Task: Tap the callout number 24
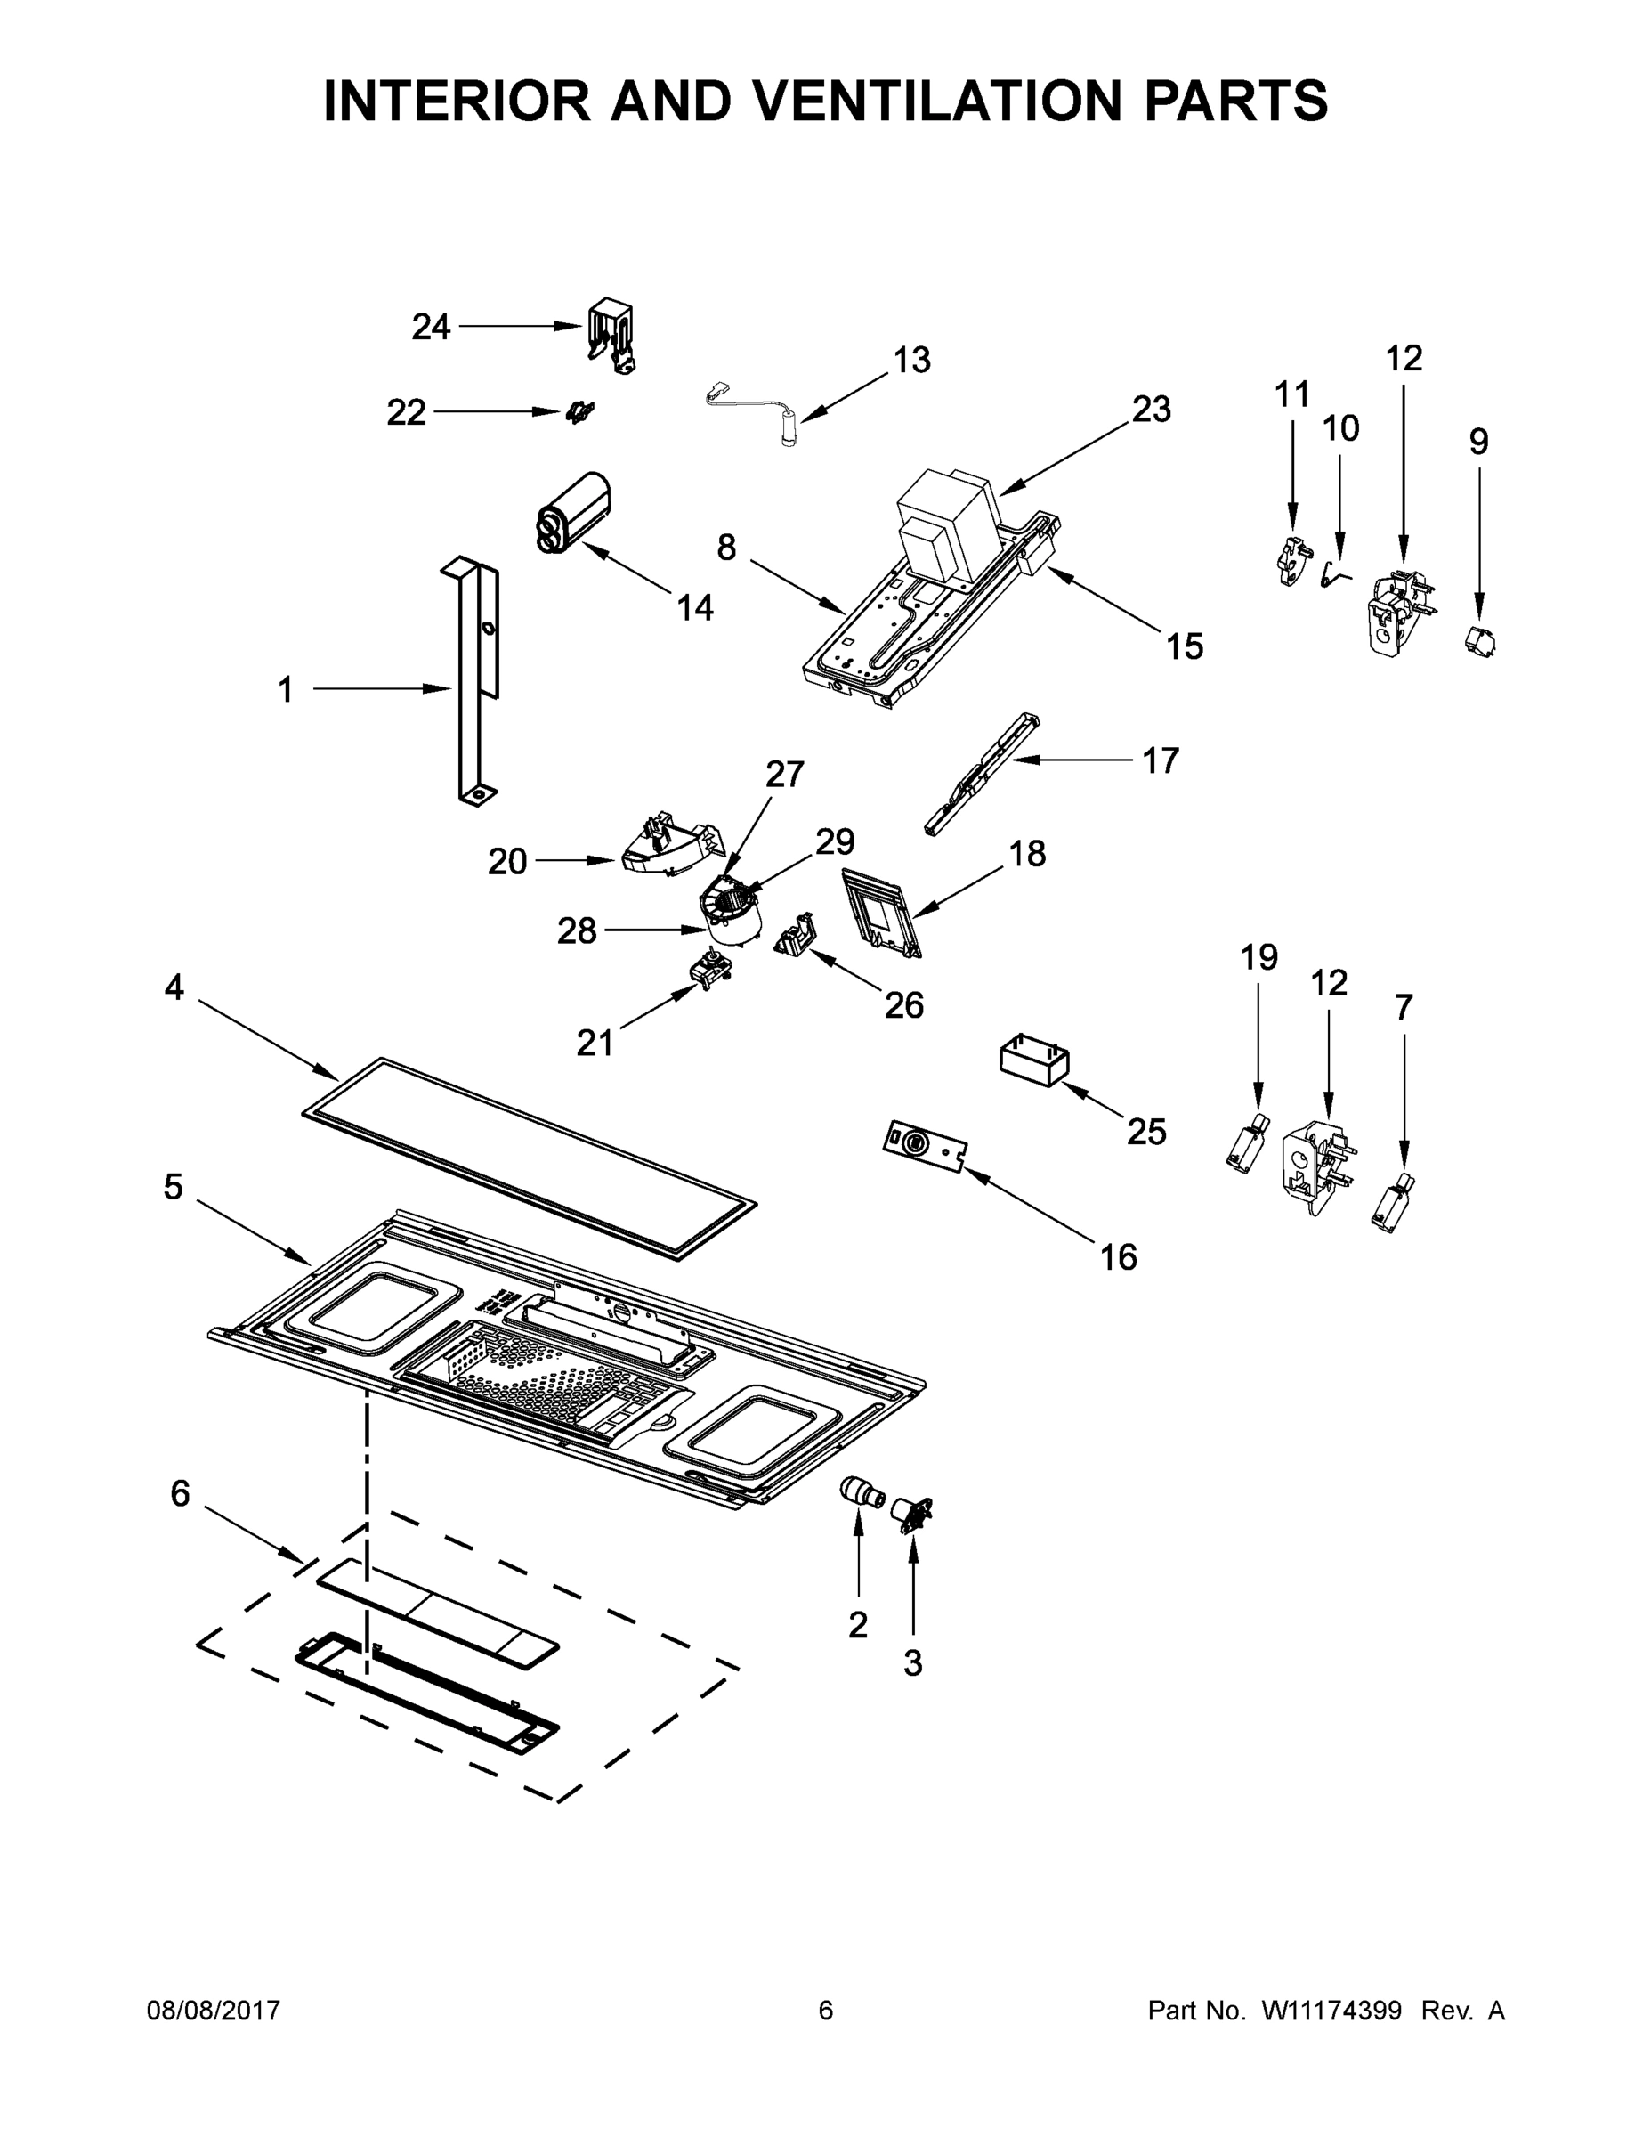tap(431, 327)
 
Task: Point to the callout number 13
tap(911, 360)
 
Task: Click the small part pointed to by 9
tap(1479, 642)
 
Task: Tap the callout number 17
tap(1161, 760)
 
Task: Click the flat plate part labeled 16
tap(924, 1145)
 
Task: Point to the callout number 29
tap(834, 841)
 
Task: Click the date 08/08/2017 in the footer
tap(214, 2011)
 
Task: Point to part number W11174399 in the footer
tap(1331, 2011)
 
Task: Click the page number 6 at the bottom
tap(826, 2011)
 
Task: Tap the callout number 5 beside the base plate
tap(174, 1187)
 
